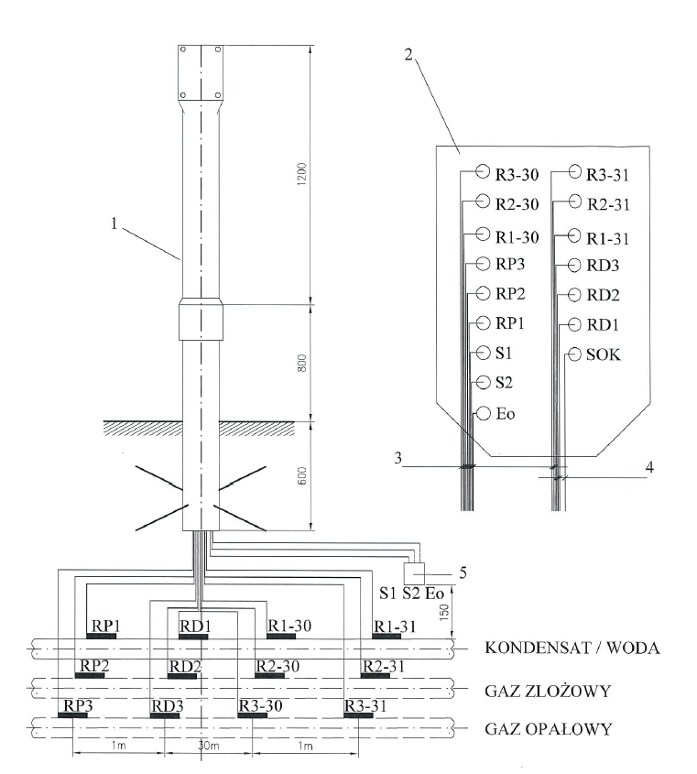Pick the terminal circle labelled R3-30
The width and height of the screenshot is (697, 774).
483,171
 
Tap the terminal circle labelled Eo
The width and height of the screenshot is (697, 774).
483,414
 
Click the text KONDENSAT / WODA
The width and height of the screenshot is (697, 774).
561,648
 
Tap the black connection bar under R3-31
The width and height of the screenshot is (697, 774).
359,714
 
